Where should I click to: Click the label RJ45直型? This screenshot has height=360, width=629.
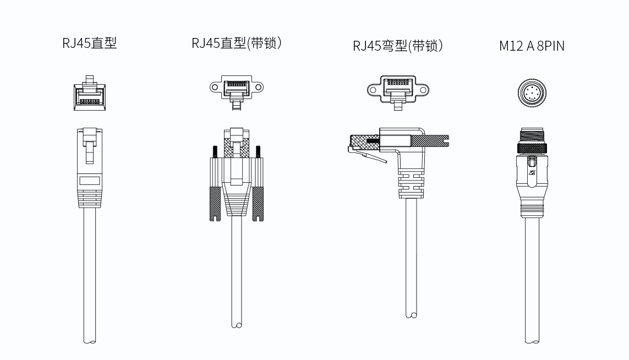pos(90,43)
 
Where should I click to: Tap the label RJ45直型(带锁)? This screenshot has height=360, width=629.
pos(237,43)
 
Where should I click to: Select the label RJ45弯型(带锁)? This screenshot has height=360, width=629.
pos(398,46)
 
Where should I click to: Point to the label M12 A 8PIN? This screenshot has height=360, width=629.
pos(532,46)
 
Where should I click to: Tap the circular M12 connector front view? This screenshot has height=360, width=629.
pos(532,93)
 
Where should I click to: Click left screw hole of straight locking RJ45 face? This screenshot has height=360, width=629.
pos(215,87)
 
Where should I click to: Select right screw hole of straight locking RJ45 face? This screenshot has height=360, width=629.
pos(259,87)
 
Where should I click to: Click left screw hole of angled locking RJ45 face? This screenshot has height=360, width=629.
pos(373,90)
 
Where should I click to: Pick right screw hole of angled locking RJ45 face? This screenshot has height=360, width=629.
pos(424,90)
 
